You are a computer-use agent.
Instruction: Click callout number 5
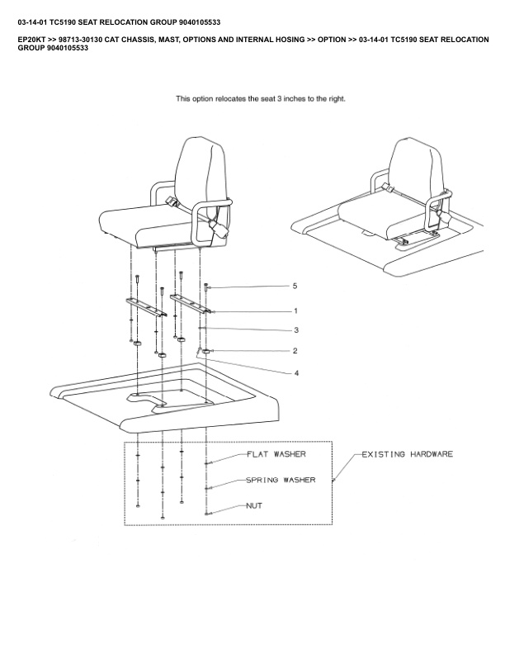295,286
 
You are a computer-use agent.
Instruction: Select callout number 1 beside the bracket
295,311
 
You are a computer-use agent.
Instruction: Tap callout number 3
295,329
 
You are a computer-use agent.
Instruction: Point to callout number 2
295,351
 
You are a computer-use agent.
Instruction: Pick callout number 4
295,372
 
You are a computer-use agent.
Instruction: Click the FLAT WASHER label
276,454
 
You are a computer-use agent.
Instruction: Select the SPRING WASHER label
281,480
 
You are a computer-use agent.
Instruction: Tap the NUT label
254,505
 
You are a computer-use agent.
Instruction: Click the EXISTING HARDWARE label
407,454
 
